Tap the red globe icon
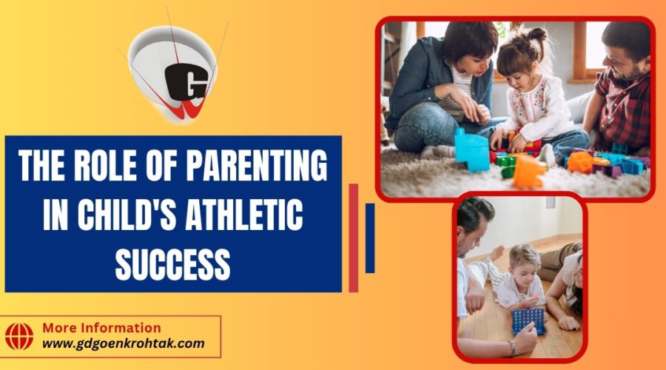pos(20,335)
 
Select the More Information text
pos(101,328)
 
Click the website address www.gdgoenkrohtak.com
pos(122,343)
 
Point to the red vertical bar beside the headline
pos(353,237)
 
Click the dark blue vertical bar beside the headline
pos(370,238)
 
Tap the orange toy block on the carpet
pos(527,172)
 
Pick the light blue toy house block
pos(471,149)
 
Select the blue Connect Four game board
pos(528,320)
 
